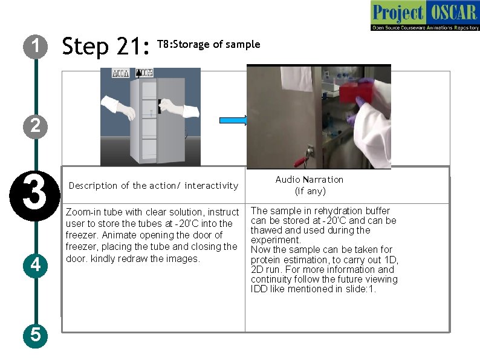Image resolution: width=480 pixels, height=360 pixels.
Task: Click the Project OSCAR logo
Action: coord(424,16)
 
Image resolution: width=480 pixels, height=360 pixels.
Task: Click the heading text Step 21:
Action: coord(106,46)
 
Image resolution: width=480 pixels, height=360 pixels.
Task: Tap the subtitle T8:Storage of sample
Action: coord(209,44)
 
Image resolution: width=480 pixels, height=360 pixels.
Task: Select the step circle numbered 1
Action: coord(36,46)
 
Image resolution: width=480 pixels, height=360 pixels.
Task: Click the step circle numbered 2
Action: coord(36,126)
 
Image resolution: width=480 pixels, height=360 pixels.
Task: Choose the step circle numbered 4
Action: coord(36,264)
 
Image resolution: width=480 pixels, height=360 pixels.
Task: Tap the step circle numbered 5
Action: coord(36,334)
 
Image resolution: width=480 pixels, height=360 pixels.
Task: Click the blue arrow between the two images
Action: coord(233,120)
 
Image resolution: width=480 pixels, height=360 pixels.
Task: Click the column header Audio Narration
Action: coord(309,180)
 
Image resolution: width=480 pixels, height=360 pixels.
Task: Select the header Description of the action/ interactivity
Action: coord(154,186)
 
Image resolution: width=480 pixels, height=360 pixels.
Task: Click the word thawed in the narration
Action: coord(267,230)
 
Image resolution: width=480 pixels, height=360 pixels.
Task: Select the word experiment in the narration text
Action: coord(274,240)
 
